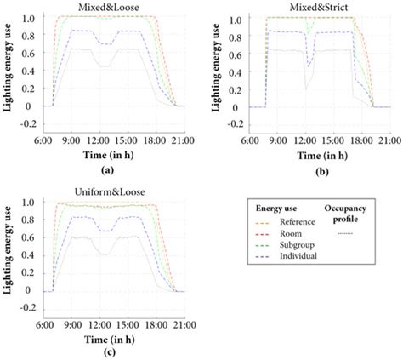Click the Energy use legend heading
[x=277, y=207]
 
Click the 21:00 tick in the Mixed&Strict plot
[x=389, y=139]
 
